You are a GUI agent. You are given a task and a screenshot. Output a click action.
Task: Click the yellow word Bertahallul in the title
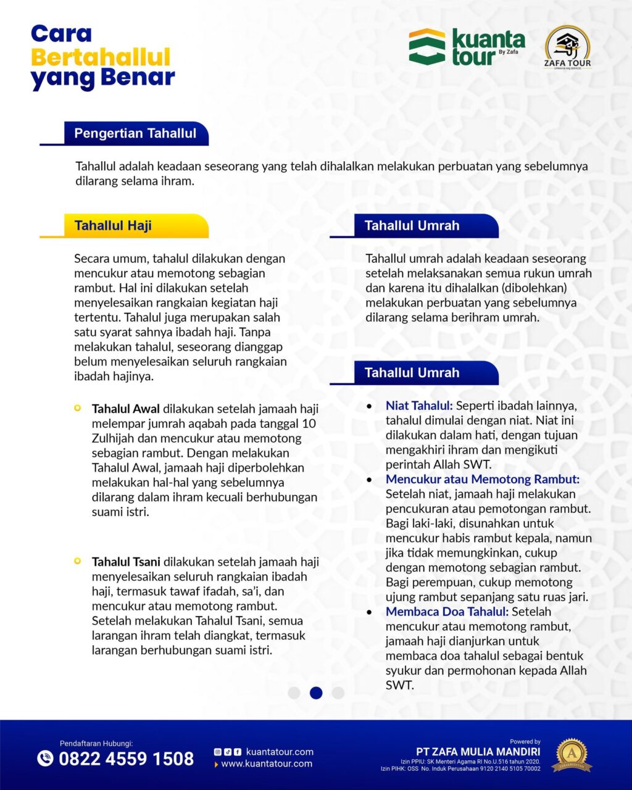coord(101,57)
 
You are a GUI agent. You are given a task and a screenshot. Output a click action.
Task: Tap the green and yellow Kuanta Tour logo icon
coord(426,46)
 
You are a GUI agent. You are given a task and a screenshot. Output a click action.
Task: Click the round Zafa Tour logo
coord(567,47)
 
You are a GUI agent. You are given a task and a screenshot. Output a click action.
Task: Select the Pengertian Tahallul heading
coord(135,133)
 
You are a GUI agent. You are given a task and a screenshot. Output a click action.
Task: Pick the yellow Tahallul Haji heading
coord(113,226)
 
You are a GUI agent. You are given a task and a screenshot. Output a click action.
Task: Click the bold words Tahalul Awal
coord(126,409)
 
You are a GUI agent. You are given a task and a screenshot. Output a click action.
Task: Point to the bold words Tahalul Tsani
coord(126,562)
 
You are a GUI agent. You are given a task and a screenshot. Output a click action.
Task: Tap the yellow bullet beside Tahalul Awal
coord(77,408)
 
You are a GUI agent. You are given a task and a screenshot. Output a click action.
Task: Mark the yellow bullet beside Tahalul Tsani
coord(77,561)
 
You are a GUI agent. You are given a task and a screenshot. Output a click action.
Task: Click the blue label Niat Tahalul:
coord(419,405)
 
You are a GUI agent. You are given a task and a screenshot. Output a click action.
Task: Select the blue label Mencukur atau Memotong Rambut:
coord(482,479)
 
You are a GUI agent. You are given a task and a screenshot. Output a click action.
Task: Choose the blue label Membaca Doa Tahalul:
coord(447,612)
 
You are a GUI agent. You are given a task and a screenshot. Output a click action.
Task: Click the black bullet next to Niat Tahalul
coord(369,407)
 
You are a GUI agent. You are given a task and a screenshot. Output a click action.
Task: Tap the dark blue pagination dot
coord(316,692)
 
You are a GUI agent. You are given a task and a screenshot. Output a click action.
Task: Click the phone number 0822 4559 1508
coord(126,759)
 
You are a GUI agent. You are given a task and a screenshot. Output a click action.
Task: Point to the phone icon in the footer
coord(45,758)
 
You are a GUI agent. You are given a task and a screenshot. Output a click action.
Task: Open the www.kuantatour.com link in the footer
coord(267,764)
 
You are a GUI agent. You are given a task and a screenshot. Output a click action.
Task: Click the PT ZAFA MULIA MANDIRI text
coord(478,752)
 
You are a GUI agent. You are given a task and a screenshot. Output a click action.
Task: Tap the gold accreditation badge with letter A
coord(571,754)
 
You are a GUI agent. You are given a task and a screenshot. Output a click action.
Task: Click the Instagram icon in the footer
coord(217,752)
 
